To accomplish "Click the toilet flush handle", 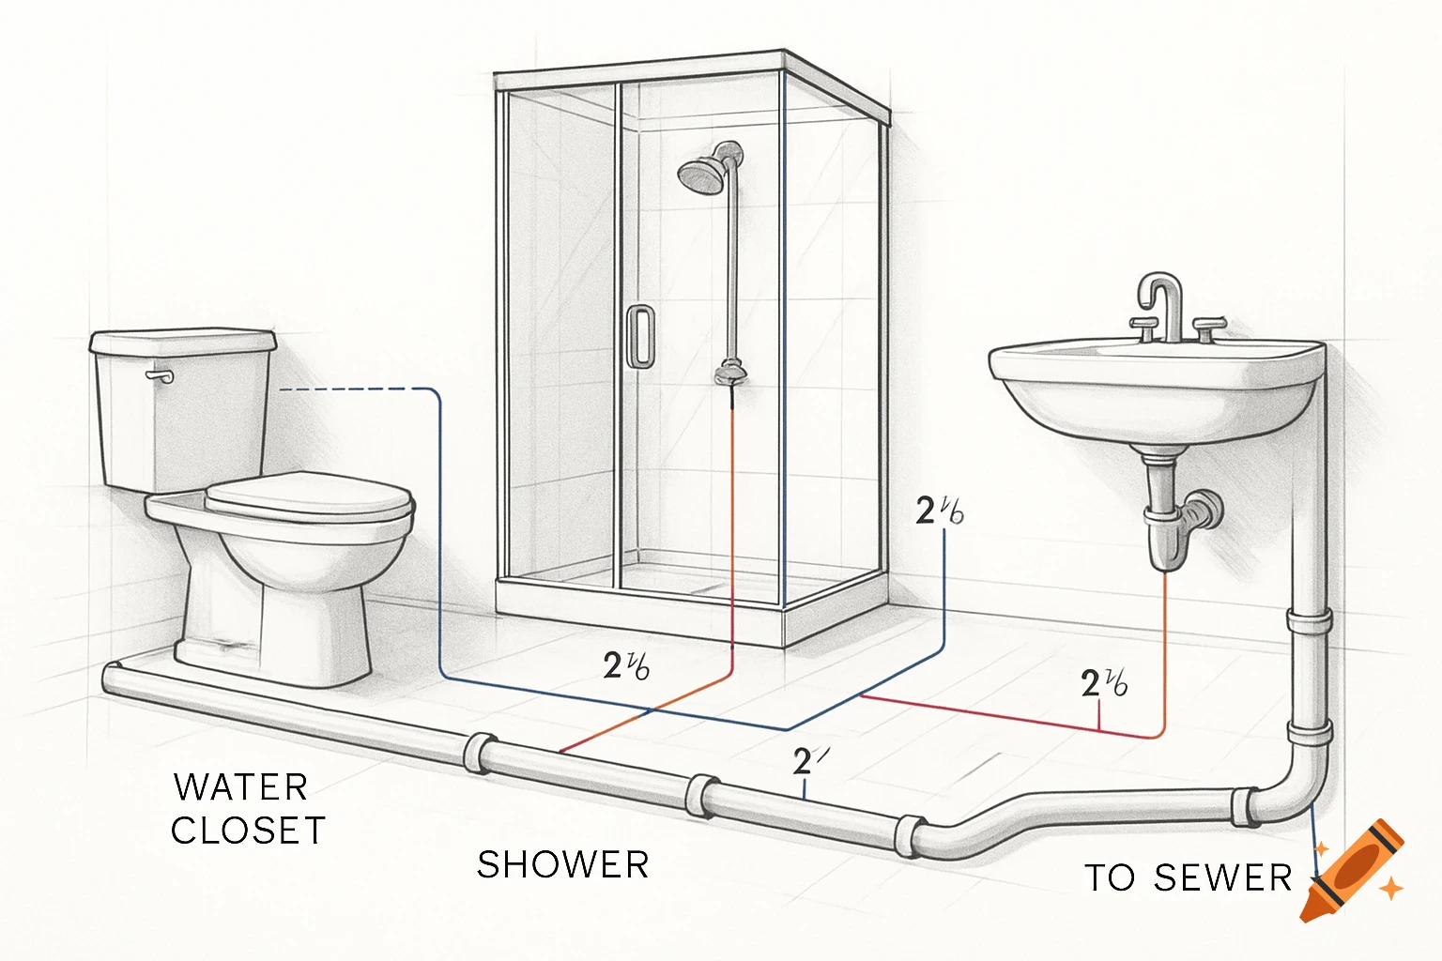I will coord(161,376).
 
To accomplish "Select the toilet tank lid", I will coord(183,341).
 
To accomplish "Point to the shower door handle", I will coord(641,335).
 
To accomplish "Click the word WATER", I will coord(241,786).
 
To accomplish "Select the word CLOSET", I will coord(248,831).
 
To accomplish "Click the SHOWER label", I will coord(562,864).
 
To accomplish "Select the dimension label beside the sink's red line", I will coord(1104,682).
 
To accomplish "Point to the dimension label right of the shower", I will coord(939,511).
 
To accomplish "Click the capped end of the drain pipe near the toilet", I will coord(112,679).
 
